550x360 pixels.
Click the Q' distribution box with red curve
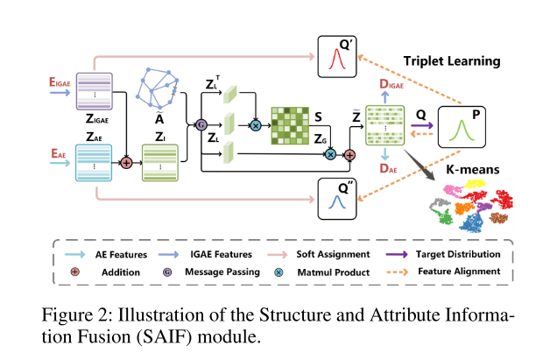335,60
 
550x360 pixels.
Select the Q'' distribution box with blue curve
335,201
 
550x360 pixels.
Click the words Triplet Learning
451,61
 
